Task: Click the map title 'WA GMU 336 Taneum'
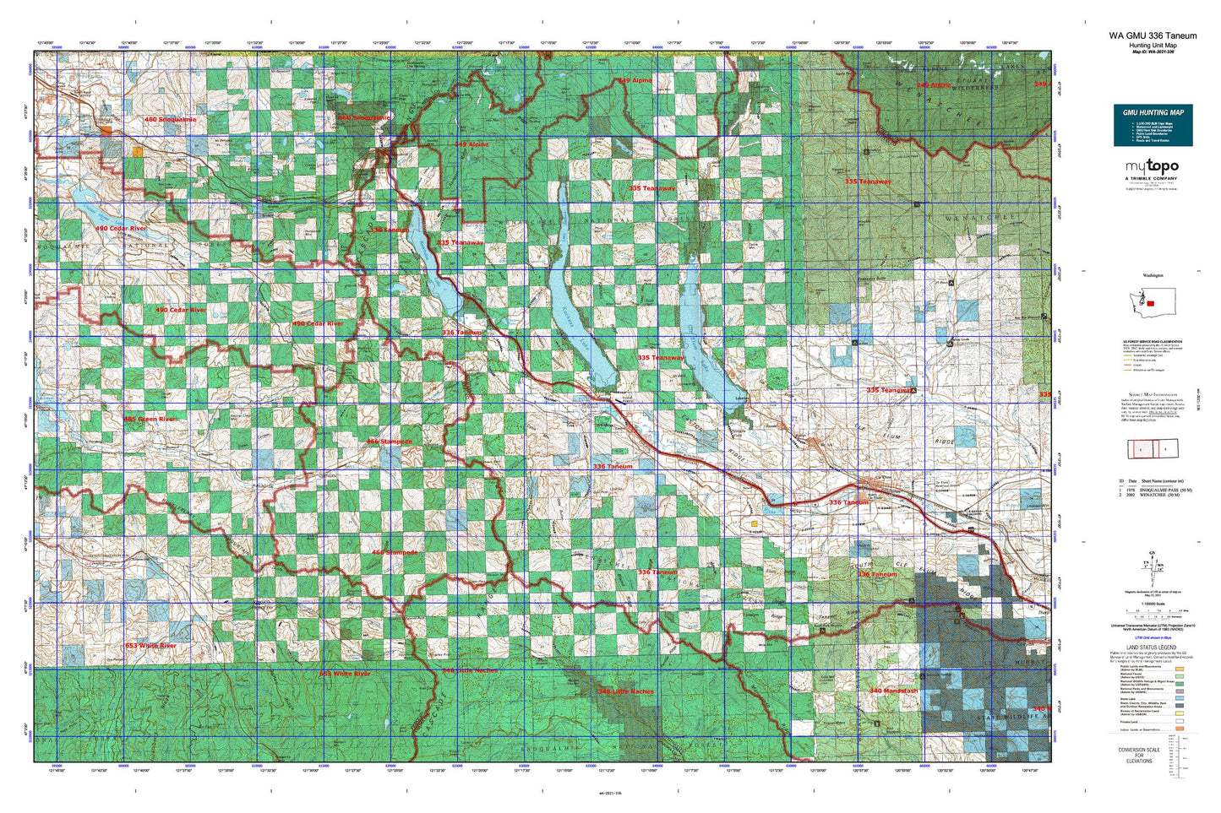tap(1153, 36)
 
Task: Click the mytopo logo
tap(1152, 168)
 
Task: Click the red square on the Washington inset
tap(1150, 303)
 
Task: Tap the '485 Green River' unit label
tap(150, 420)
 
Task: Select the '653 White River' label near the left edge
tap(150, 646)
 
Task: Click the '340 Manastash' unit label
tap(893, 691)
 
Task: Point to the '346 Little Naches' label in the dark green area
tap(625, 691)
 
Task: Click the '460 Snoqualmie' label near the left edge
tap(170, 120)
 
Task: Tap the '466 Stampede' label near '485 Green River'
tap(390, 442)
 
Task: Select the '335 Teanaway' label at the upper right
tap(868, 182)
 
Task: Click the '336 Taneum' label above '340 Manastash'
tap(877, 575)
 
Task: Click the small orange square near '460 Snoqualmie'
tap(137, 152)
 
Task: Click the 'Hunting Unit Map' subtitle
tap(1153, 46)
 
